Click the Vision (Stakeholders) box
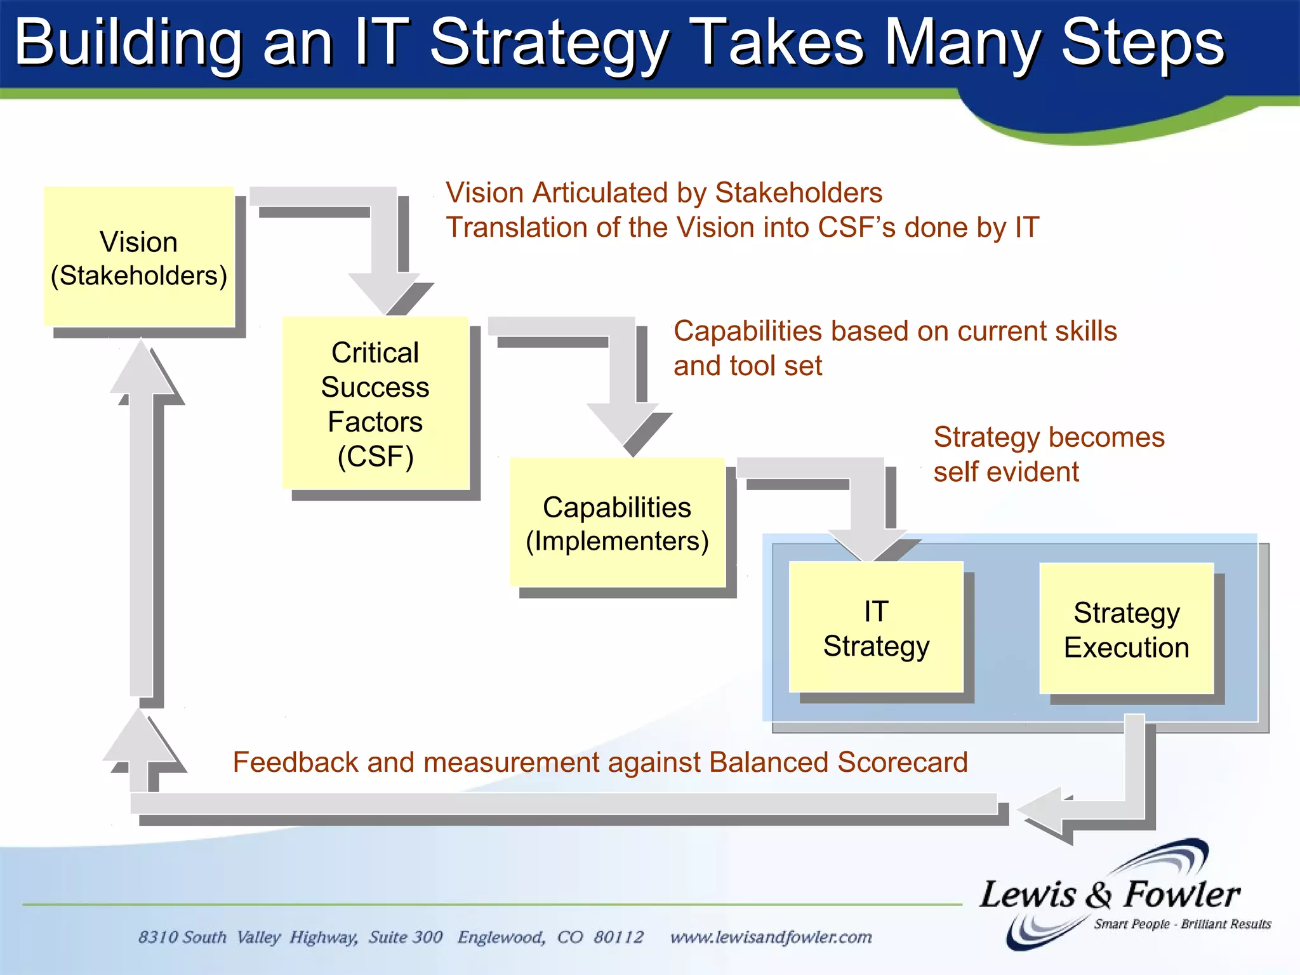pyautogui.click(x=139, y=257)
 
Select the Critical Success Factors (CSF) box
pyautogui.click(x=375, y=403)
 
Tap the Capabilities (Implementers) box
pyautogui.click(x=617, y=522)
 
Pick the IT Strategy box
pyautogui.click(x=876, y=628)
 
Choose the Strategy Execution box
pyautogui.click(x=1127, y=629)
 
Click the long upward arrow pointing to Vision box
pyautogui.click(x=142, y=521)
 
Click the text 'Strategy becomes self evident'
pyautogui.click(x=1049, y=454)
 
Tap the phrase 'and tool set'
pyautogui.click(x=748, y=366)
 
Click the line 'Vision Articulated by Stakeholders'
pyautogui.click(x=664, y=192)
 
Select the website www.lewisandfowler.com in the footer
pyautogui.click(x=771, y=937)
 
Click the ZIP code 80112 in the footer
pyautogui.click(x=618, y=937)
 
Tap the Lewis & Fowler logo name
pyautogui.click(x=1109, y=895)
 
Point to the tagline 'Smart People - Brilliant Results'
pyautogui.click(x=1182, y=924)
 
